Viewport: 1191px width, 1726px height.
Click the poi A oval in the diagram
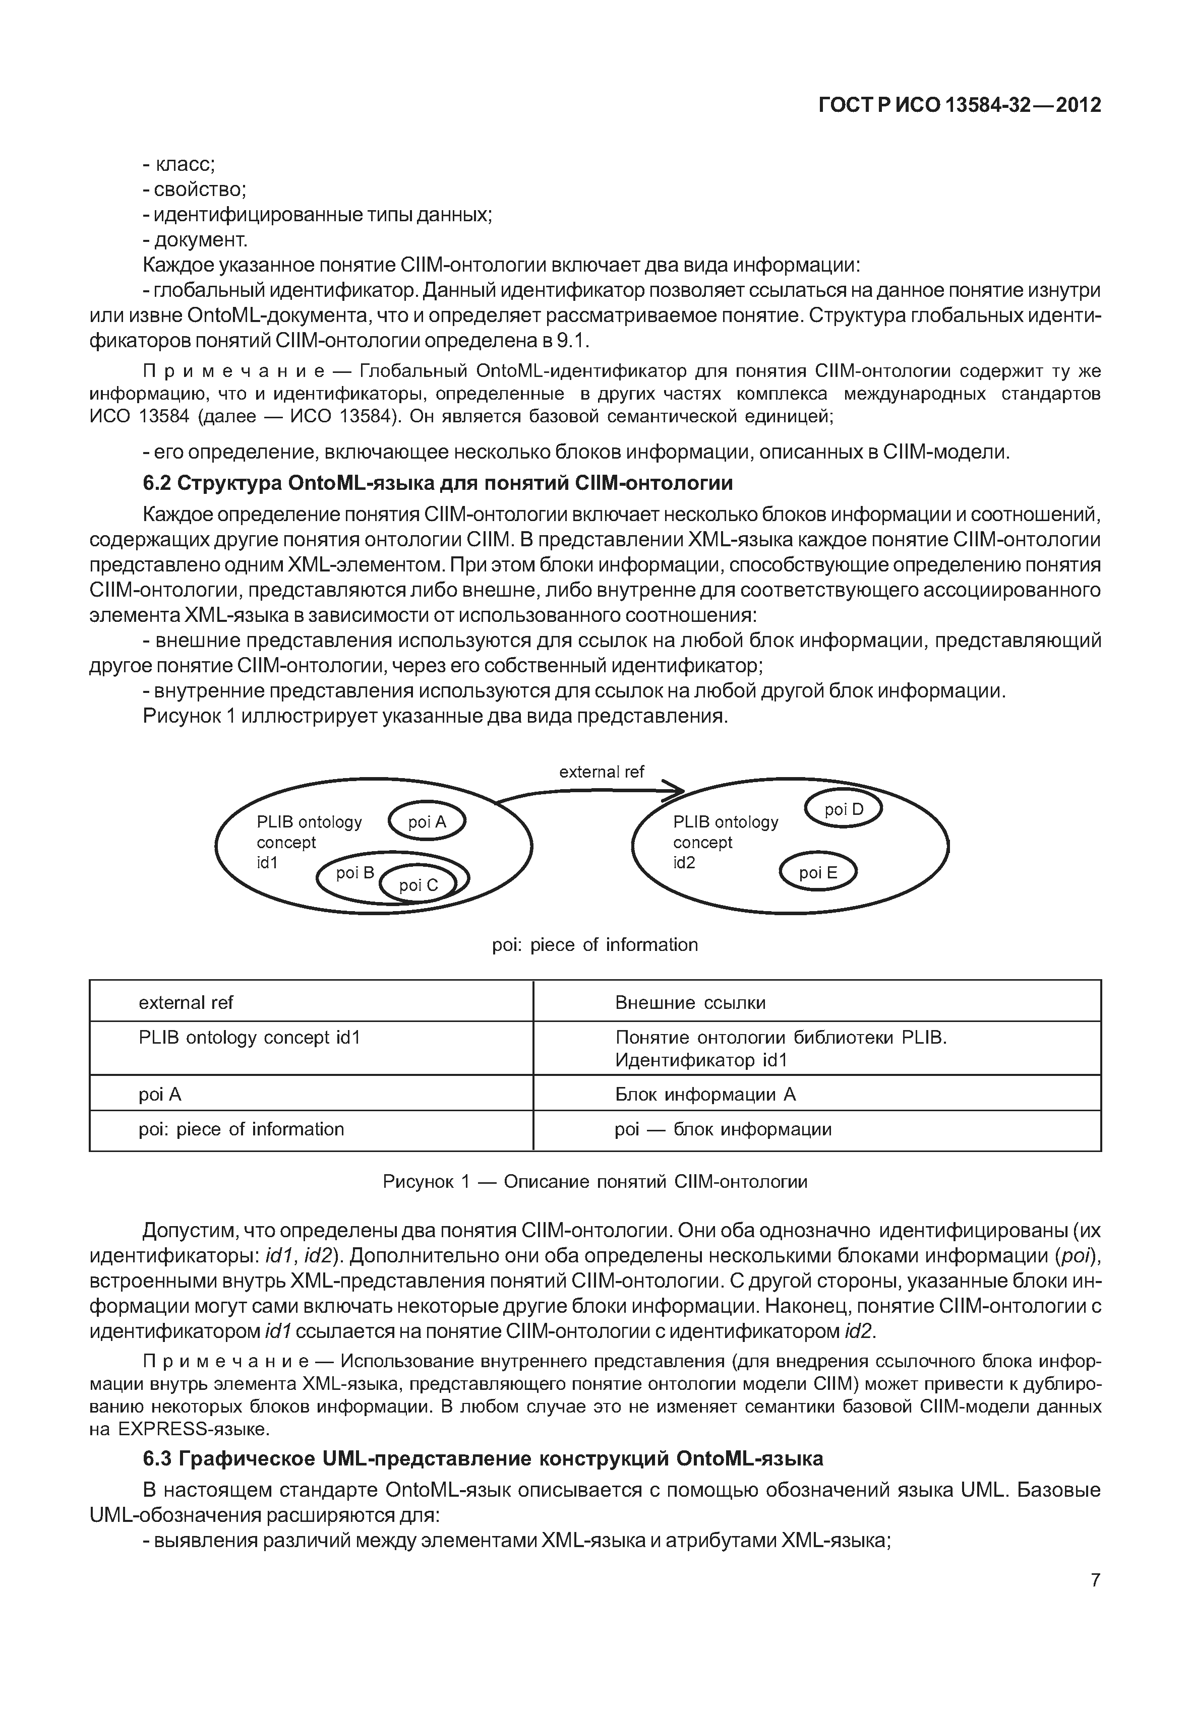(x=427, y=822)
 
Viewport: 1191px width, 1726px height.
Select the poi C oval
(x=418, y=885)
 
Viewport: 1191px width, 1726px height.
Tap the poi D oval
(x=843, y=809)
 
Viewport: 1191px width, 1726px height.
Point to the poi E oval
(x=818, y=873)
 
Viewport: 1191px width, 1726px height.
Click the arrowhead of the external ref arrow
(x=675, y=791)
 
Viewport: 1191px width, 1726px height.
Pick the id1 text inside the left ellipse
(x=267, y=863)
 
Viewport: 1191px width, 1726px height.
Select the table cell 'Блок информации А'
(x=705, y=1094)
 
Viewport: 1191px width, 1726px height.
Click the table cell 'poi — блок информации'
(x=723, y=1129)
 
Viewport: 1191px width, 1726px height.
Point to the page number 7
(x=1095, y=1580)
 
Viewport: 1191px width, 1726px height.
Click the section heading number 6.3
(x=157, y=1458)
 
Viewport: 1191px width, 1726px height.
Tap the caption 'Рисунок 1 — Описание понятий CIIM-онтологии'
(x=595, y=1182)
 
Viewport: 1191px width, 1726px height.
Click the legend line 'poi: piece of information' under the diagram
(x=595, y=945)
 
